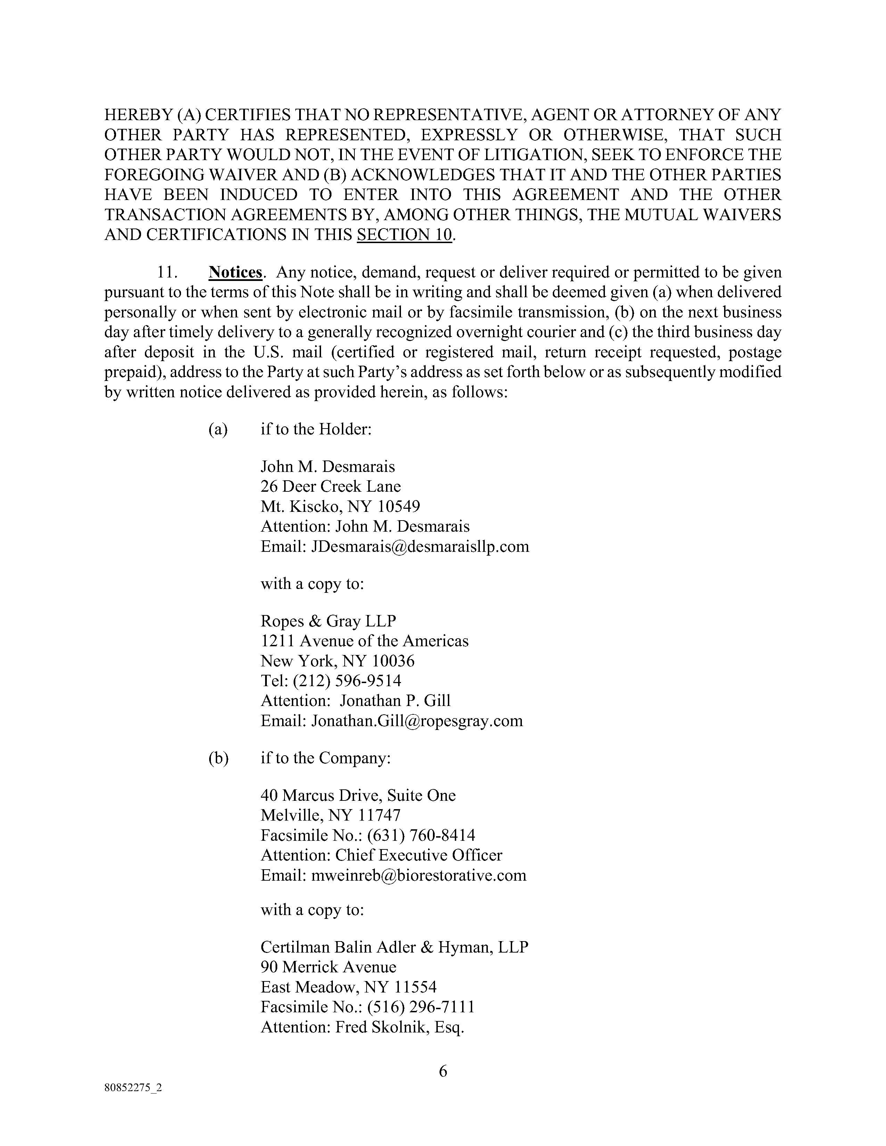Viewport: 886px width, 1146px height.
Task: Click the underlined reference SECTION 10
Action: (404, 234)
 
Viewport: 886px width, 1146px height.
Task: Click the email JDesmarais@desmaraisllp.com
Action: (420, 547)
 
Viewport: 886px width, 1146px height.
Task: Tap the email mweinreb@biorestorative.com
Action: (418, 875)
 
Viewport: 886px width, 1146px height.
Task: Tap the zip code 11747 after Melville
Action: (379, 815)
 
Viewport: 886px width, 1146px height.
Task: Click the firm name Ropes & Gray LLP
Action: (328, 621)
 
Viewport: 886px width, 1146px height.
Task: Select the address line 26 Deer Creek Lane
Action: (331, 487)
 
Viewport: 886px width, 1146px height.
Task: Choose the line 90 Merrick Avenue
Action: (329, 967)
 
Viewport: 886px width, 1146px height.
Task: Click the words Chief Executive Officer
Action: (418, 855)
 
